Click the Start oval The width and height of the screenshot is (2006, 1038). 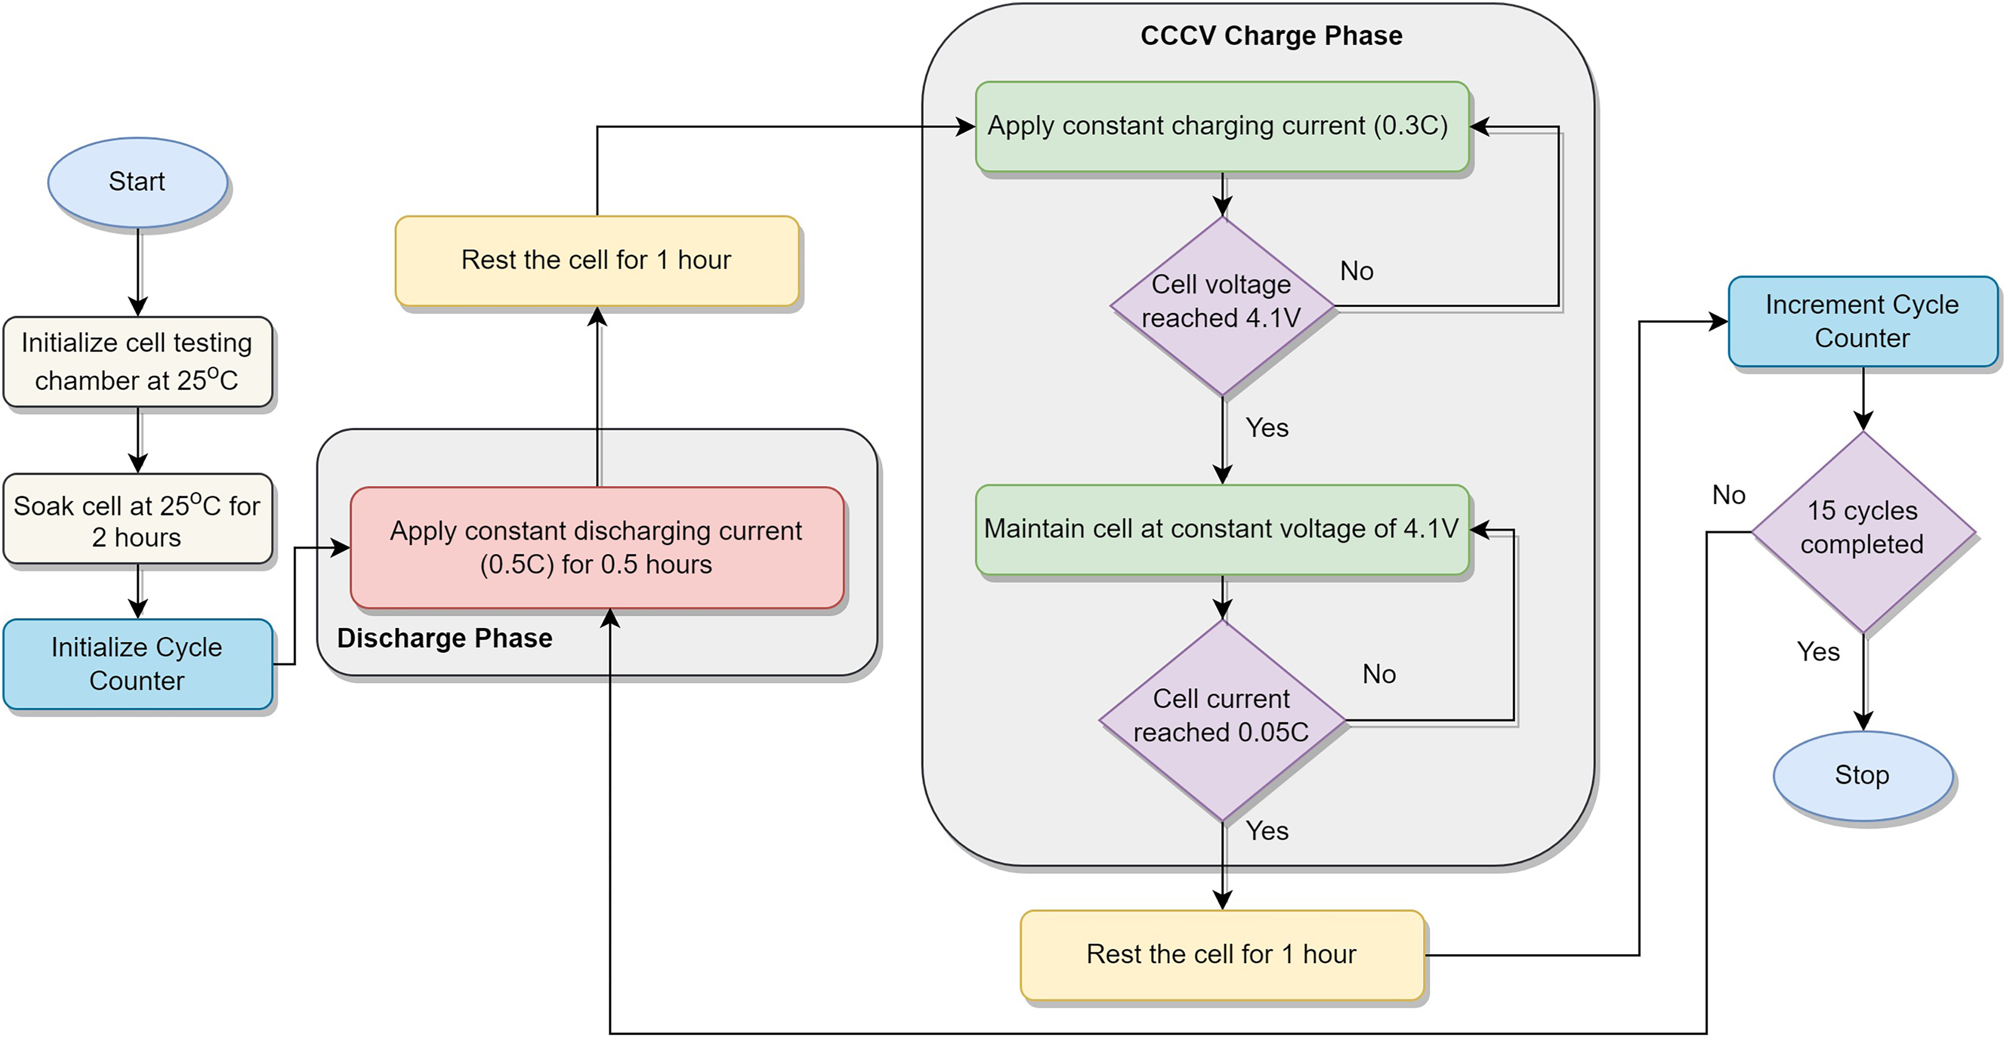click(x=138, y=182)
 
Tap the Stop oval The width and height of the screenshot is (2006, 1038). click(x=1863, y=776)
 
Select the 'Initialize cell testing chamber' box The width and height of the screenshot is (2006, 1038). click(x=138, y=361)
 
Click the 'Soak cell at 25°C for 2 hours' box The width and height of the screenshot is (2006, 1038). click(x=138, y=519)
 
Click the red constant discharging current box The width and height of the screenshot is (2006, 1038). click(x=596, y=547)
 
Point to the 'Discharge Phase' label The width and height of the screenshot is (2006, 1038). click(x=445, y=638)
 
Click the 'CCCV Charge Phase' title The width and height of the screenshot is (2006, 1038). click(x=1271, y=36)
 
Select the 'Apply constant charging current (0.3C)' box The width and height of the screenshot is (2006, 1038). click(x=1221, y=126)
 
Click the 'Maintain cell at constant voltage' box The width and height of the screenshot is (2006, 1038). click(x=1221, y=529)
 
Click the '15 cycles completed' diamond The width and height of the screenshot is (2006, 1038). click(x=1862, y=529)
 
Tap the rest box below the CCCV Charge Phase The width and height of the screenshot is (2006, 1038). click(x=1222, y=955)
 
